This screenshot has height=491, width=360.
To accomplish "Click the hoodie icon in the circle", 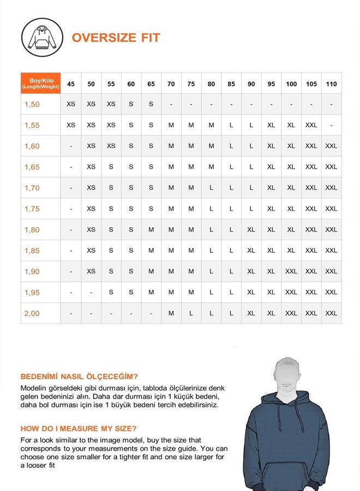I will tap(41, 38).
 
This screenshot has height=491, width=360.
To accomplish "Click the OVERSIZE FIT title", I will tap(116, 38).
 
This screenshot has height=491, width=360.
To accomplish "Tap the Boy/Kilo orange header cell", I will tap(41, 83).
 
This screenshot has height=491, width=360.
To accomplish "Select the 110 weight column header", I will tap(331, 84).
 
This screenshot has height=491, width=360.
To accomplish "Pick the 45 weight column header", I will tap(71, 84).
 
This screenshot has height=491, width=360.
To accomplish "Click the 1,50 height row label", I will tap(32, 104).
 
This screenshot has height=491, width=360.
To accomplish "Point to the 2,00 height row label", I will tap(32, 313).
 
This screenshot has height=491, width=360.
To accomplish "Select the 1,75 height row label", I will tap(32, 208).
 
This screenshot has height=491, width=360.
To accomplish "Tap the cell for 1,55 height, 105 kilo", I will tap(311, 125).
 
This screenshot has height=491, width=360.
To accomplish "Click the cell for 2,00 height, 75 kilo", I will tap(191, 313).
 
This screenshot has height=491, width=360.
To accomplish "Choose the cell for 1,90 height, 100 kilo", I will tap(291, 271).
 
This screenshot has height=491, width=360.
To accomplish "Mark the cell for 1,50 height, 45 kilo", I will tap(71, 104).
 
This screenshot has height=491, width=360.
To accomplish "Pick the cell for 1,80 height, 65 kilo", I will tap(151, 230).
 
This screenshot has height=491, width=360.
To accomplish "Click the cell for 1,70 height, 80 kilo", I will tap(211, 188).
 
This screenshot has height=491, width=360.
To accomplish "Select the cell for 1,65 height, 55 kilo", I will tap(111, 167).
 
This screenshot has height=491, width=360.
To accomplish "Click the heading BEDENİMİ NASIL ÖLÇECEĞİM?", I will tap(79, 376).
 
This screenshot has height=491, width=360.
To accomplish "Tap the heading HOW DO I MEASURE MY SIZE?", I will tap(79, 428).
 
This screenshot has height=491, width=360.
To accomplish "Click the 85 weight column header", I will tap(231, 84).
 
